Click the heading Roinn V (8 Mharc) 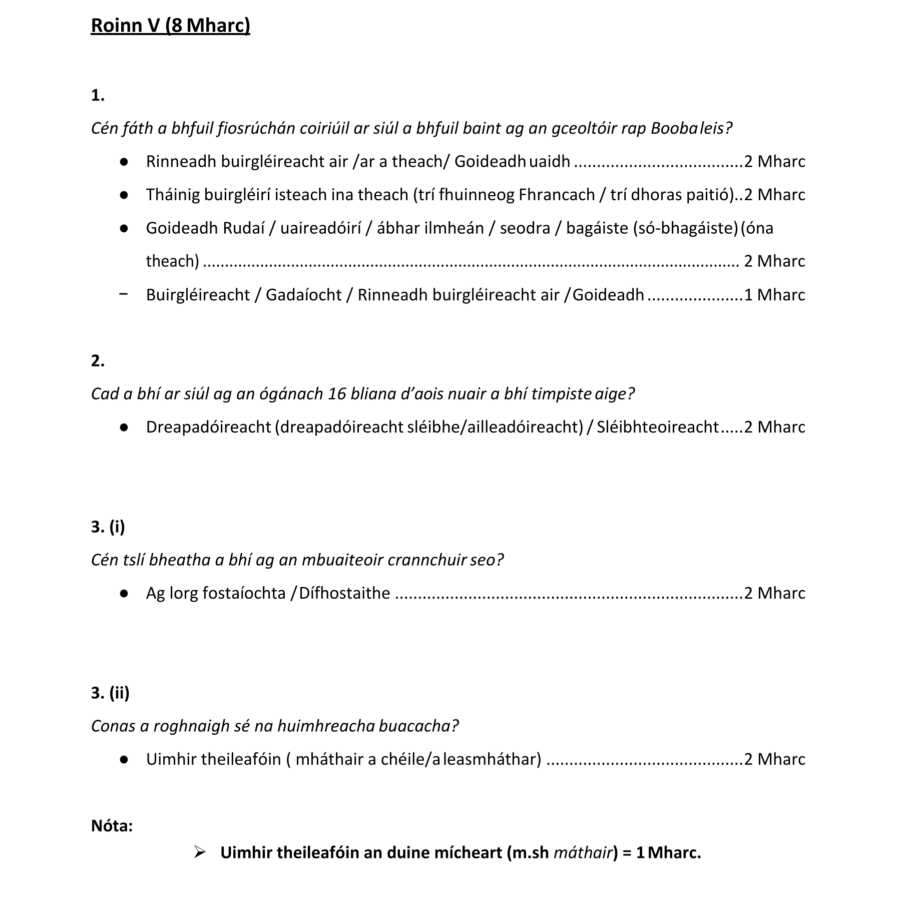tap(170, 25)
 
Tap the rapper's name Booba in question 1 tap(674, 129)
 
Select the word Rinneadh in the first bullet tap(181, 162)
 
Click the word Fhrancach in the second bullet tap(557, 195)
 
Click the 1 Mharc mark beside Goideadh tap(774, 295)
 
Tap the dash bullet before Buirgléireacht tap(124, 294)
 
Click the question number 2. tap(98, 360)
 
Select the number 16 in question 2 tap(337, 394)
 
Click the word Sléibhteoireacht tap(658, 427)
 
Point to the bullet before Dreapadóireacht tap(124, 427)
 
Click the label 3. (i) tap(108, 527)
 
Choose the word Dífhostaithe tap(344, 593)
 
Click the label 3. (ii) tap(110, 693)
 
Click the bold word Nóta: tap(112, 825)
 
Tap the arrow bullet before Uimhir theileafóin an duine tap(200, 852)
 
